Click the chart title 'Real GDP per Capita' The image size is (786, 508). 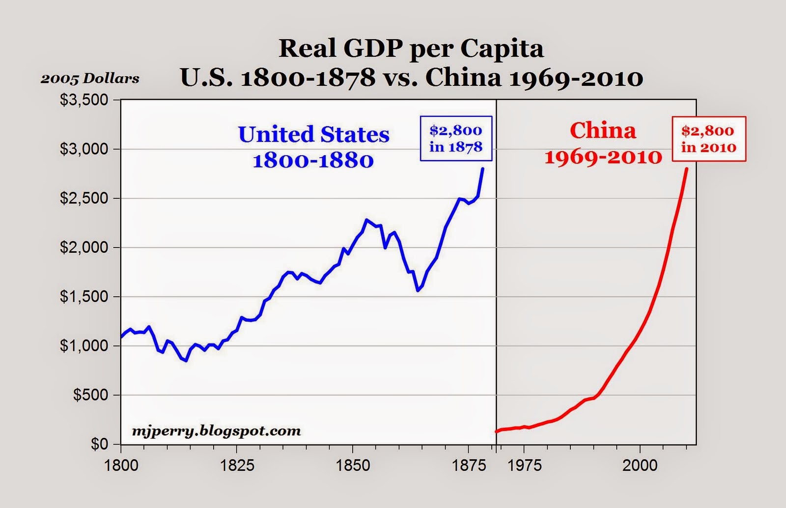coord(411,49)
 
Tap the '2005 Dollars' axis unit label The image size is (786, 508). coord(90,79)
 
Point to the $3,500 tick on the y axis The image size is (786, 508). coord(84,100)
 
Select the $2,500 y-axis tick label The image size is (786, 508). coord(84,198)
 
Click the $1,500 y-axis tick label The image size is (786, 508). coord(84,297)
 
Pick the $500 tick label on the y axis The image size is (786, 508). coord(90,395)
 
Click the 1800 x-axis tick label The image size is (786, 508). coord(121,465)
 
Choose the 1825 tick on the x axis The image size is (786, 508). coord(237,465)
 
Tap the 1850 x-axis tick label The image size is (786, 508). coord(352,465)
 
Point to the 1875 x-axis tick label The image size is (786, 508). coord(468,465)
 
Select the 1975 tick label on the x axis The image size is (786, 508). coord(524,465)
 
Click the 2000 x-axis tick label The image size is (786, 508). coord(640,465)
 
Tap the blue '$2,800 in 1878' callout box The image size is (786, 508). coord(455,139)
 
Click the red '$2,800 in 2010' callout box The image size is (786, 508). coord(708,139)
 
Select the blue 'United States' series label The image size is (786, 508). coord(314,135)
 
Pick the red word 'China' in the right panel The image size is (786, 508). coord(603,131)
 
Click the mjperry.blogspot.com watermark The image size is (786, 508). coord(216,431)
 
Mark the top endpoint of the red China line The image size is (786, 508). coord(686,169)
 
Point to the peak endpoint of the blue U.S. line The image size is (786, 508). coord(483,169)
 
